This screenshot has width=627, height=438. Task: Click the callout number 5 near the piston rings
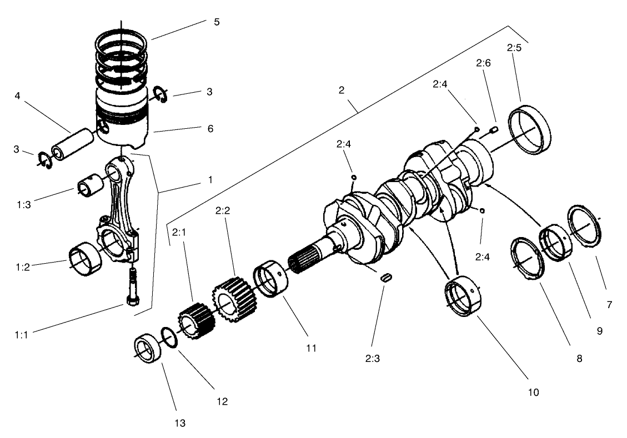pos(217,22)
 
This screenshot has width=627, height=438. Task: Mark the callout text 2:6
pos(483,64)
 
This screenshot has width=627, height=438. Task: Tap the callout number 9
pos(600,331)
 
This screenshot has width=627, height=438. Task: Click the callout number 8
pos(579,358)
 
